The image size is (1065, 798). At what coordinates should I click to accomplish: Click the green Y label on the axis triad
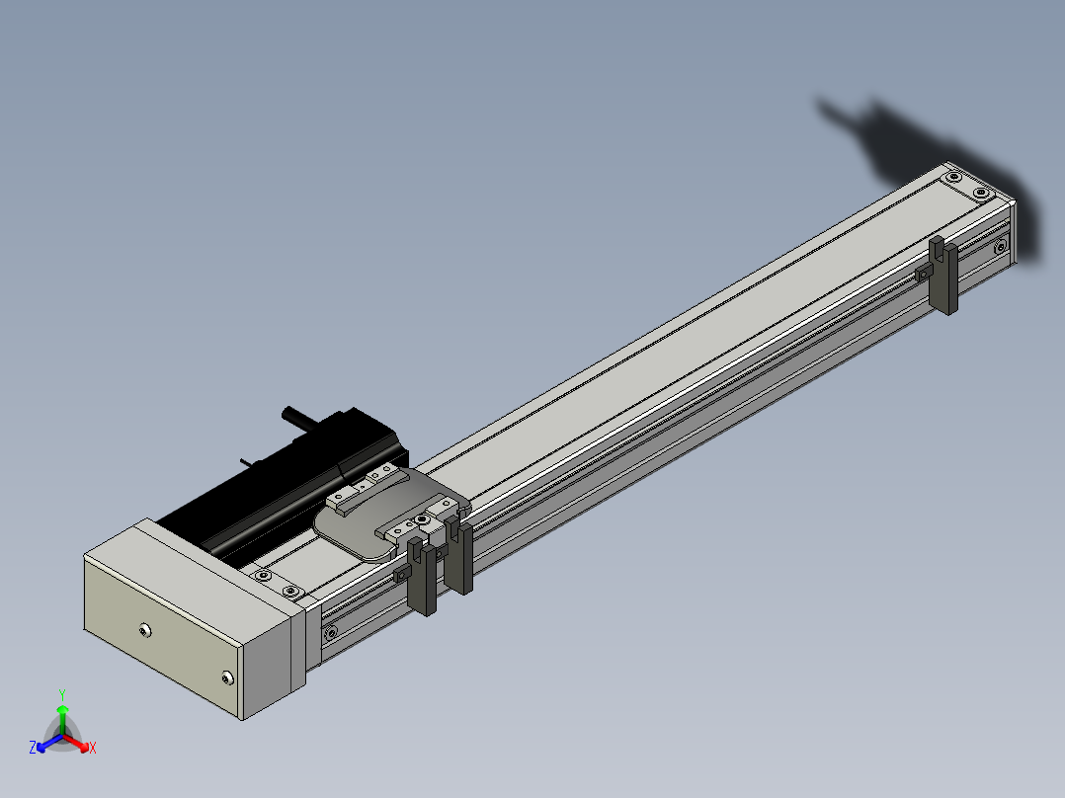tap(62, 694)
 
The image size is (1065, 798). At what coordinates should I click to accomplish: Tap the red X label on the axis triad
tap(93, 748)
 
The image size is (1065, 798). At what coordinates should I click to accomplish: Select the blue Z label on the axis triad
tap(33, 747)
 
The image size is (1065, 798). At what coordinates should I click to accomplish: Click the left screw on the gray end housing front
tap(144, 631)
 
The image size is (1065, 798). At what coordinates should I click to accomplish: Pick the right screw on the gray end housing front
tap(227, 678)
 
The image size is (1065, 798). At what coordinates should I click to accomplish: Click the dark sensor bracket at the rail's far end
tap(944, 276)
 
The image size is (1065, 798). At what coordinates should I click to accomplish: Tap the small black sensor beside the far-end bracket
tap(923, 273)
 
